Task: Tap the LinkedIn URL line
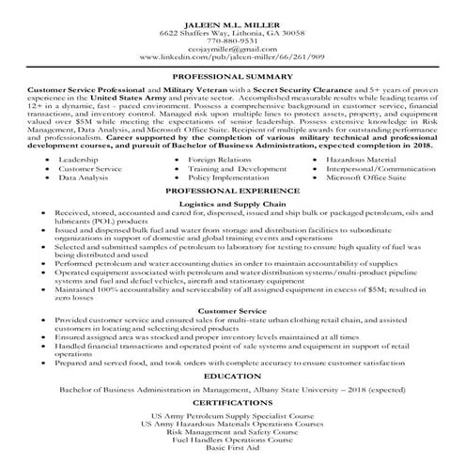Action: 233,58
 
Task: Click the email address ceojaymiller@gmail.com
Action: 233,50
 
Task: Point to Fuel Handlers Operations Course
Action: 233,442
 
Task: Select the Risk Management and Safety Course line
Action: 233,433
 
